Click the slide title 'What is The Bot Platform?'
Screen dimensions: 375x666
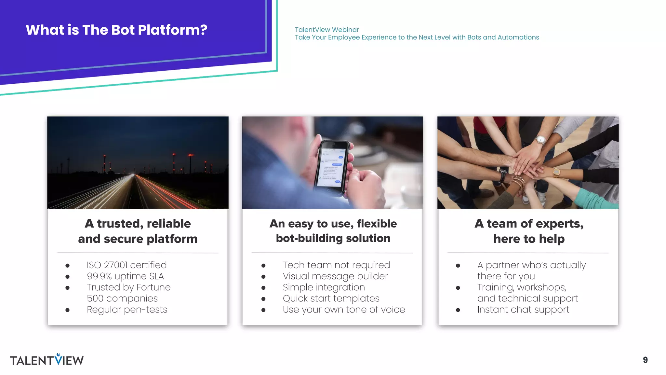pos(116,30)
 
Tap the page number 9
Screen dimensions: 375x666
pos(645,360)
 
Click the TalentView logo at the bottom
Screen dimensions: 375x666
pos(47,360)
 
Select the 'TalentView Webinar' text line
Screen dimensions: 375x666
pos(327,30)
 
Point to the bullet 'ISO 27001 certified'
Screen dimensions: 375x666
pos(127,265)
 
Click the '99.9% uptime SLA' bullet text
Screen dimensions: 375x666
pos(125,276)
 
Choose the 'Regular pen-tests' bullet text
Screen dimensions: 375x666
pos(127,309)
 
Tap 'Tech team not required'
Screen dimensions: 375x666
pos(336,265)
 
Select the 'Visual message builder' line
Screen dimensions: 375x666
pos(335,276)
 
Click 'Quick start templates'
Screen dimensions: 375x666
pos(331,298)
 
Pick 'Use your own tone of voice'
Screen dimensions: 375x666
pos(344,309)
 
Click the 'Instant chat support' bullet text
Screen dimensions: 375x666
pos(523,309)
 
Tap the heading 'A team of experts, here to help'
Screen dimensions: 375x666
pos(529,231)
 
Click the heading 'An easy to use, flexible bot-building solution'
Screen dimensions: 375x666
pos(333,231)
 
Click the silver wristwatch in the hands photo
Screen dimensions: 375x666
pos(540,140)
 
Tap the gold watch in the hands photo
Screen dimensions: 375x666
pos(556,172)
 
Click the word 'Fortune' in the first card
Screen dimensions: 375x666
pos(153,287)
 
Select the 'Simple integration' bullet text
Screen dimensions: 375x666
pos(324,287)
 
